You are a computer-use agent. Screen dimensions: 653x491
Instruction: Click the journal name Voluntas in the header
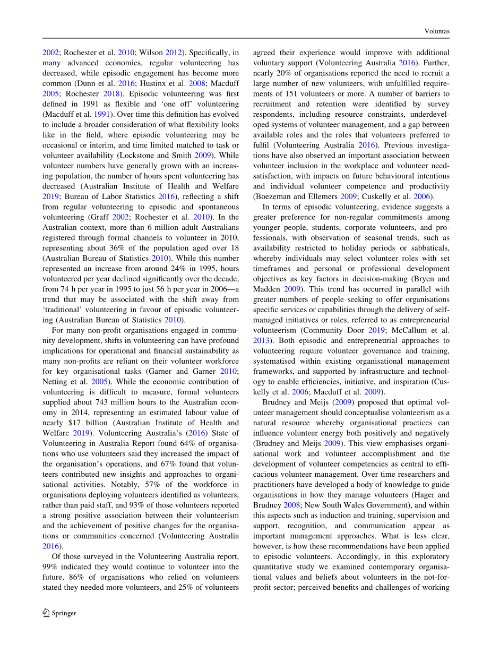[437, 31]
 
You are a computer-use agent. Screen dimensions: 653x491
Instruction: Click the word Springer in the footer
[64, 613]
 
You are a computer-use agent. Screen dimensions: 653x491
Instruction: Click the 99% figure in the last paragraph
[50, 567]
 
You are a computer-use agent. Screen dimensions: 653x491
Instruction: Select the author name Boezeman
[270, 196]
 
